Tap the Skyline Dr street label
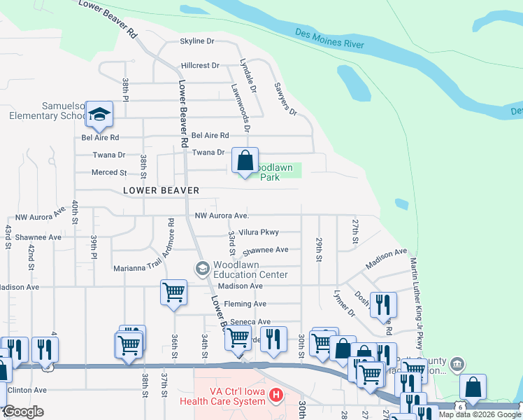[197, 41]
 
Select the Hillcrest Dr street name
[200, 65]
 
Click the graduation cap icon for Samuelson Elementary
[99, 114]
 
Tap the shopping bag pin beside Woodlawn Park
[245, 161]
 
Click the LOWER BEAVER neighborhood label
[162, 190]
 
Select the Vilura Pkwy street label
[259, 232]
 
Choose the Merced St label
[108, 172]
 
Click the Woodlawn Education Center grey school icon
[202, 269]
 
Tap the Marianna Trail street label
[136, 267]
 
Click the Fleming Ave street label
[242, 304]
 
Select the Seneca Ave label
[250, 322]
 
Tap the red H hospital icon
[275, 396]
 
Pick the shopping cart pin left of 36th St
[173, 292]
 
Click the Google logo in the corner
[23, 412]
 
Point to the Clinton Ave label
[27, 390]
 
